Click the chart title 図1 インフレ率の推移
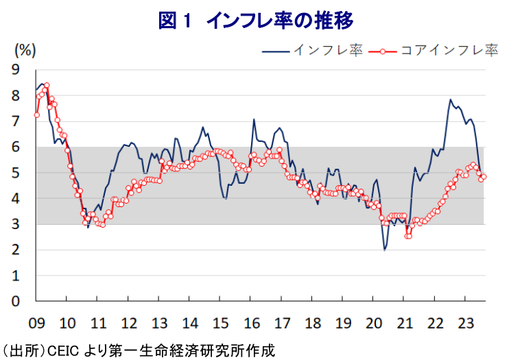255,21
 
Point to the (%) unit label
25,50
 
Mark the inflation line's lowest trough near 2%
385,250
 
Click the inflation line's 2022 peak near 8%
451,99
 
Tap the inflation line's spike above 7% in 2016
254,119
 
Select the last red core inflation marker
484,176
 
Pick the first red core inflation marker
36,115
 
